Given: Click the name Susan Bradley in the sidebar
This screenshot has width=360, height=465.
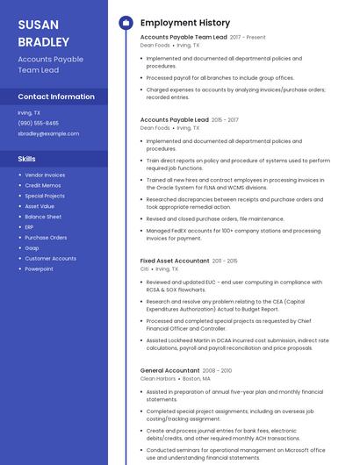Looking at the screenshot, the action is click(43, 32).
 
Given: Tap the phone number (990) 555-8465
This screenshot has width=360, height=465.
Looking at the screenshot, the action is click(39, 123).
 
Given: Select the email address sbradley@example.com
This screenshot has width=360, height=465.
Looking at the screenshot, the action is click(48, 133).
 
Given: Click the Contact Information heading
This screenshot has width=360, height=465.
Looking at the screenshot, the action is click(56, 97).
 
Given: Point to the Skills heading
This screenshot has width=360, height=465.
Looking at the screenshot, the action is click(27, 159).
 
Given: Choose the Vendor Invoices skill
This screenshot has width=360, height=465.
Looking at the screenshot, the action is click(45, 175).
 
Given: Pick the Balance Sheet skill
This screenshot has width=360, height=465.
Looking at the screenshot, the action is click(43, 216).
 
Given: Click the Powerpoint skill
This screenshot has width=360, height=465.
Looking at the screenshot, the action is click(40, 268).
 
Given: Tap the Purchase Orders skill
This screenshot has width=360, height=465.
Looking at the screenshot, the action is click(46, 237).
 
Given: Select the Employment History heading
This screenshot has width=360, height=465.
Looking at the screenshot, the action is click(185, 23).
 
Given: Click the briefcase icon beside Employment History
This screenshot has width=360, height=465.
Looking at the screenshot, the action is click(126, 23).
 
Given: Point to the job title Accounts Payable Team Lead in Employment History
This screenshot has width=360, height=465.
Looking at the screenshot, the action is click(184, 38).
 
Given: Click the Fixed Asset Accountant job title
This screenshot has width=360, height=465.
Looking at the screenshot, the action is click(175, 261).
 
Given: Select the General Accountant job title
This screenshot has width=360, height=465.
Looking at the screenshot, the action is click(170, 370).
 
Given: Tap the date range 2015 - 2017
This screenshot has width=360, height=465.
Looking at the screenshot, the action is click(225, 119).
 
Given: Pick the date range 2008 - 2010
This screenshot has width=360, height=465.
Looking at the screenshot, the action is click(218, 370).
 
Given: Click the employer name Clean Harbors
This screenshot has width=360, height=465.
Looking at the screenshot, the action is click(159, 378).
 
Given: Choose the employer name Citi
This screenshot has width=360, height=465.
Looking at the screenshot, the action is click(145, 268).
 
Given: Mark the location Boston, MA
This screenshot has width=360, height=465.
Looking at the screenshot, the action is click(198, 378).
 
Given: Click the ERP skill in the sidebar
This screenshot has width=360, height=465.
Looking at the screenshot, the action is click(30, 226).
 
